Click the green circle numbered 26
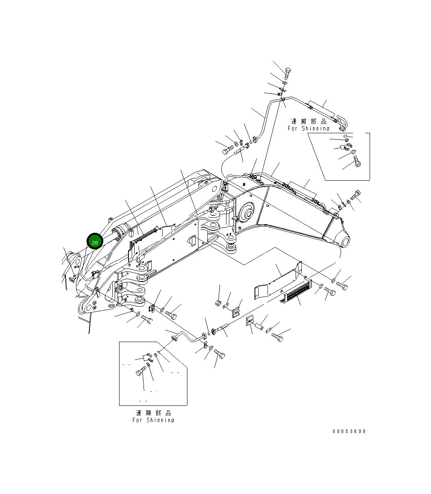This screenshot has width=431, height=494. pyautogui.click(x=95, y=242)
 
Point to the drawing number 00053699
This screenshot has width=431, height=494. pyautogui.click(x=348, y=431)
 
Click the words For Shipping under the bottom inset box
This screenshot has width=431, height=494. pyautogui.click(x=153, y=420)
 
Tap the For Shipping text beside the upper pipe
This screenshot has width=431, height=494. pyautogui.click(x=309, y=128)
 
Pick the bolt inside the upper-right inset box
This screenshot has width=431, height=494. pyautogui.click(x=357, y=161)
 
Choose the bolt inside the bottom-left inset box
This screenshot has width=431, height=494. pyautogui.click(x=141, y=372)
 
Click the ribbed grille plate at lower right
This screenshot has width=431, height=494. pyautogui.click(x=296, y=289)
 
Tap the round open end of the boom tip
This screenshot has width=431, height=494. pyautogui.click(x=345, y=242)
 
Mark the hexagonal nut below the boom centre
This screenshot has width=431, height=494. pyautogui.click(x=218, y=303)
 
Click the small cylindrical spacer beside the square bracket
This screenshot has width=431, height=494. pyautogui.click(x=259, y=326)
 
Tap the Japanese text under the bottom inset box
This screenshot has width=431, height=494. pyautogui.click(x=153, y=413)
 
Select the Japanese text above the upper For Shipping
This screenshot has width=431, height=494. pyautogui.click(x=309, y=121)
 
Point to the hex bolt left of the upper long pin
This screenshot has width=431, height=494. pyautogui.click(x=226, y=152)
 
